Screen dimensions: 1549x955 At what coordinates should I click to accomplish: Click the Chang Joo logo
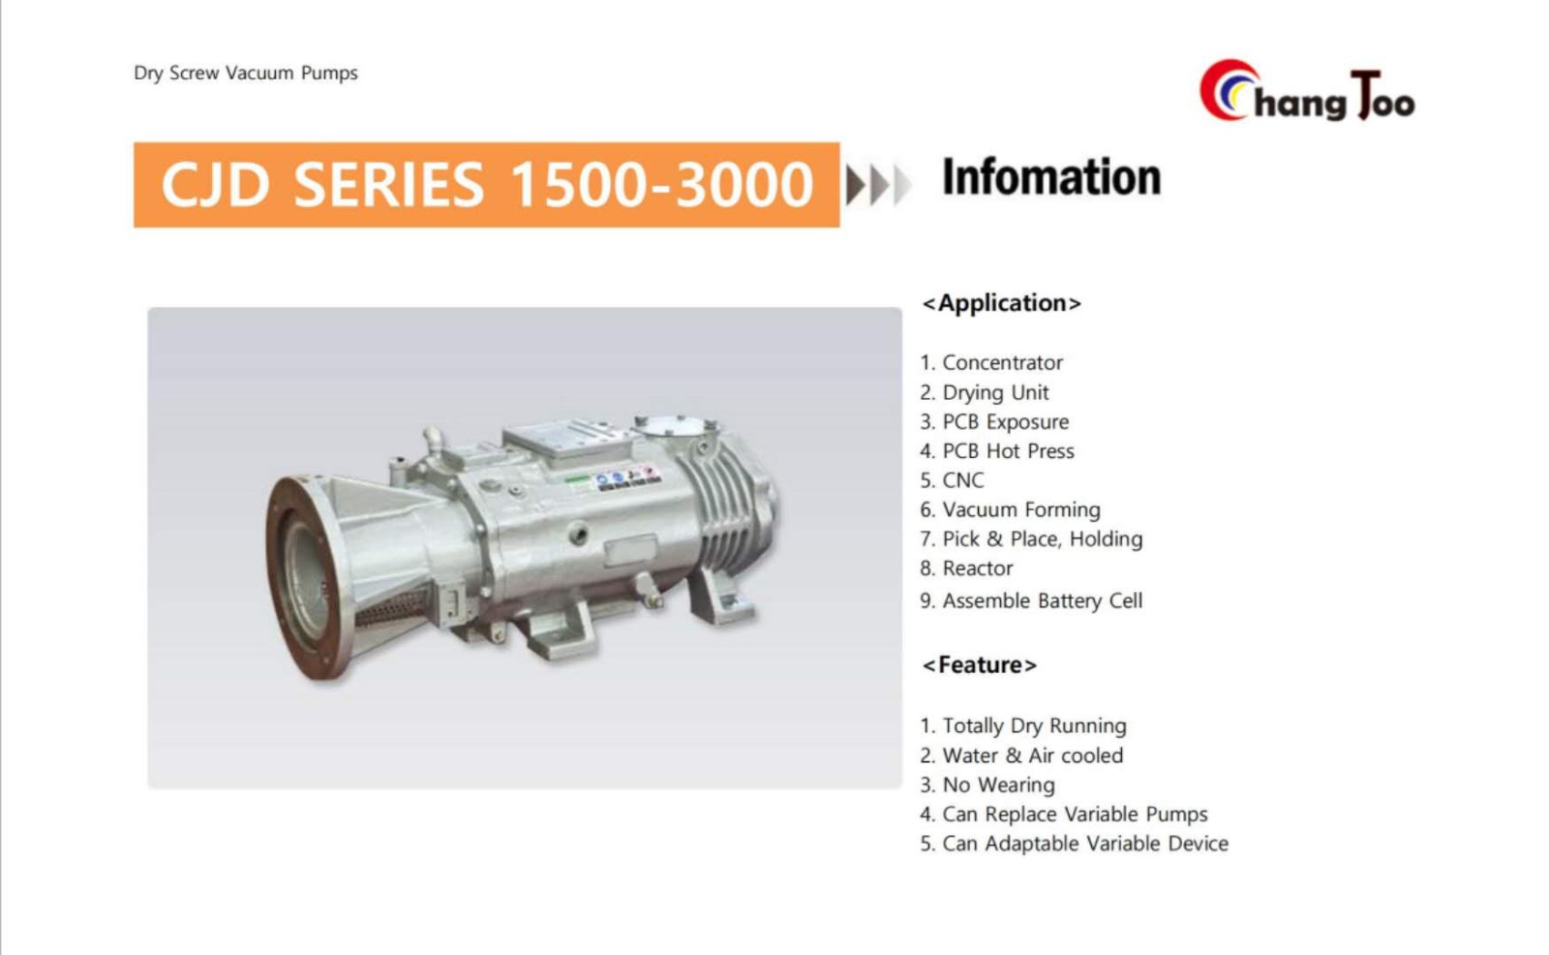tap(1307, 92)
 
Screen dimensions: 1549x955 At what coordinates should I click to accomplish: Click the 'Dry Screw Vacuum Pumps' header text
tap(246, 74)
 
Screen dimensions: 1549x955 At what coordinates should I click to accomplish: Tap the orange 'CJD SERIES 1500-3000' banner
tap(486, 185)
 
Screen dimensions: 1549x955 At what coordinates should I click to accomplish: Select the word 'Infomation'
tap(1051, 177)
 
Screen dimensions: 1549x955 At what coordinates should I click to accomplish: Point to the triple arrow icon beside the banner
tap(877, 185)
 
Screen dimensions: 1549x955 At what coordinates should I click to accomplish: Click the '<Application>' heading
tap(1001, 303)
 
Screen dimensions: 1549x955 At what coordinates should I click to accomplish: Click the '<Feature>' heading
tap(979, 665)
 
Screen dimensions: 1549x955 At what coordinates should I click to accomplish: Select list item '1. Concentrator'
tap(991, 362)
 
